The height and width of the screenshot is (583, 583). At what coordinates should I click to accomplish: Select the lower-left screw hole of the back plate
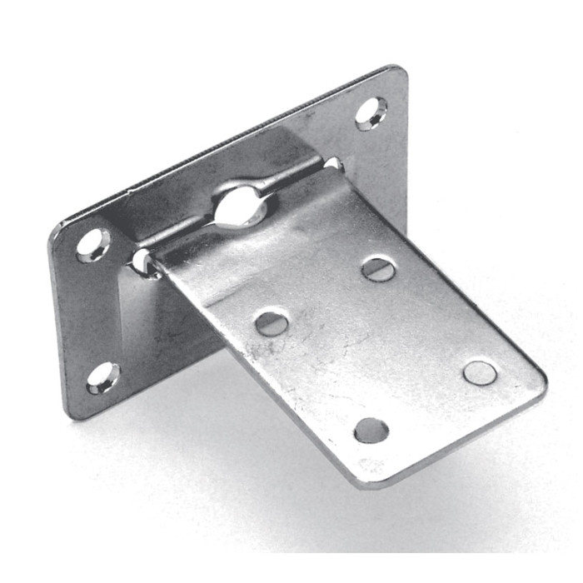tap(103, 379)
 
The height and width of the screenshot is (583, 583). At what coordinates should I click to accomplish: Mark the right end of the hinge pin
tap(332, 163)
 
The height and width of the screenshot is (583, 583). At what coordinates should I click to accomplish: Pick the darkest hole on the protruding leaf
tap(371, 430)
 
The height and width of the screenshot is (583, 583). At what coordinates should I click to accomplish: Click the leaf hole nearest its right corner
tap(480, 372)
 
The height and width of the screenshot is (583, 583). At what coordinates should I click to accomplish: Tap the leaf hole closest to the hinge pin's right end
tap(379, 268)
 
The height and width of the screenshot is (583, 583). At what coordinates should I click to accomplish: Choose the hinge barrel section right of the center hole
tap(291, 179)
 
